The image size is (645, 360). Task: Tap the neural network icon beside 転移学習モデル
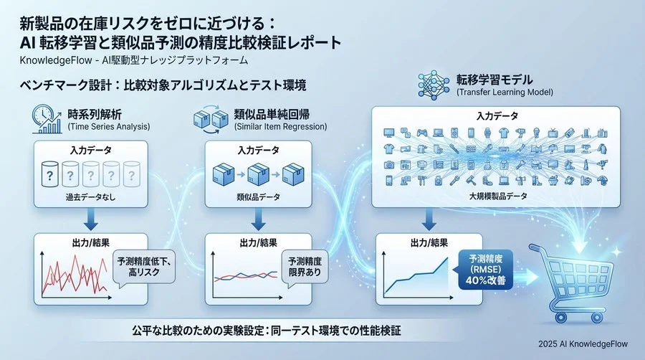(x=431, y=85)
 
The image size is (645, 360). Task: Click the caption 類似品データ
(x=258, y=196)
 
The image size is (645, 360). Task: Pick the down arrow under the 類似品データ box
(x=257, y=219)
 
